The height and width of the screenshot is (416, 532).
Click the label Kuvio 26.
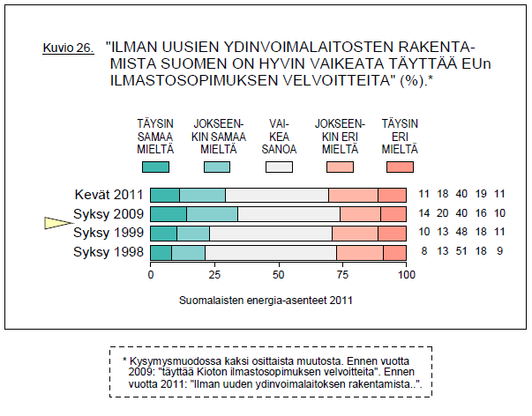click(x=68, y=48)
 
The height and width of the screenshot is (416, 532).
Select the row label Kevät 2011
click(x=109, y=196)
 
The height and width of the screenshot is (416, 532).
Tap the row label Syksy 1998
click(x=109, y=253)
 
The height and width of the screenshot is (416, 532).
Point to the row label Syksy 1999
click(x=109, y=234)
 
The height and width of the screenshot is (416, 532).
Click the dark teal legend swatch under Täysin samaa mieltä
click(x=154, y=166)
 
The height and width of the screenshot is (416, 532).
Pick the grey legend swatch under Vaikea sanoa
click(x=279, y=166)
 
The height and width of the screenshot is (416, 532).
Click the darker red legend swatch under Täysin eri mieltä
click(x=400, y=166)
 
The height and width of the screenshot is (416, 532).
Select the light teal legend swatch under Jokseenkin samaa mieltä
click(x=216, y=166)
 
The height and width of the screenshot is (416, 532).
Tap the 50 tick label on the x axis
click(x=279, y=275)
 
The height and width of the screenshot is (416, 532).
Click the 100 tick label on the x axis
click(x=407, y=275)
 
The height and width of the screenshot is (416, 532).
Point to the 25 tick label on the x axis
click(x=214, y=275)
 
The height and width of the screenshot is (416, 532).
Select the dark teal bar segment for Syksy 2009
click(x=169, y=214)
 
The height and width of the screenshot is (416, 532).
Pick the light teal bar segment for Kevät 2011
click(x=202, y=196)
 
